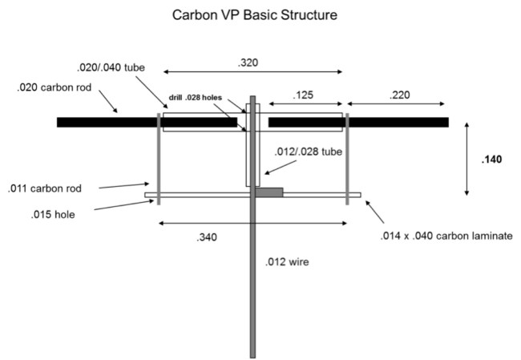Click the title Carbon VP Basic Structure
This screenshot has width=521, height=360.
(x=260, y=14)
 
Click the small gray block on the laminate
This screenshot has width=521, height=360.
(x=270, y=192)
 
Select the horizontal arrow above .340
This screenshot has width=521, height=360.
(x=252, y=223)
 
